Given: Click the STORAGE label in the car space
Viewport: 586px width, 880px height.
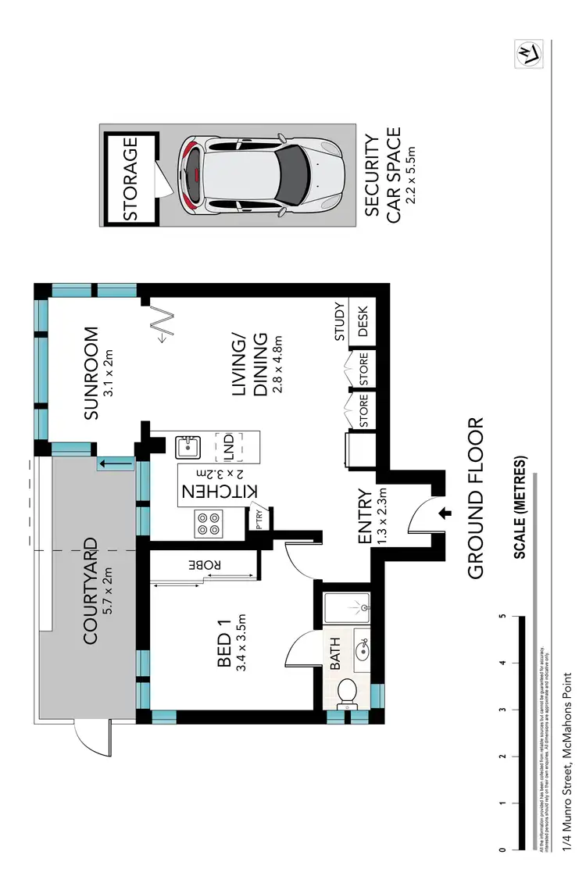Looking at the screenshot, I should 130,178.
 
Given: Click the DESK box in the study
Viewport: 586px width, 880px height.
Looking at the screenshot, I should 363,320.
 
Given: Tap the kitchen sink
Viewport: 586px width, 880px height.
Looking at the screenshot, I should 188,448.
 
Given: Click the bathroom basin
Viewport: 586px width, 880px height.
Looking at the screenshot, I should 363,649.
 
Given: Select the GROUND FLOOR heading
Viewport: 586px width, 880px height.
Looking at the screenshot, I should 477,498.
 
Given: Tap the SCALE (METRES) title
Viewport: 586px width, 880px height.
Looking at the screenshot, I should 519,508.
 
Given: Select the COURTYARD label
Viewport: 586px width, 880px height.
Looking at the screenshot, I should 91,589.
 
